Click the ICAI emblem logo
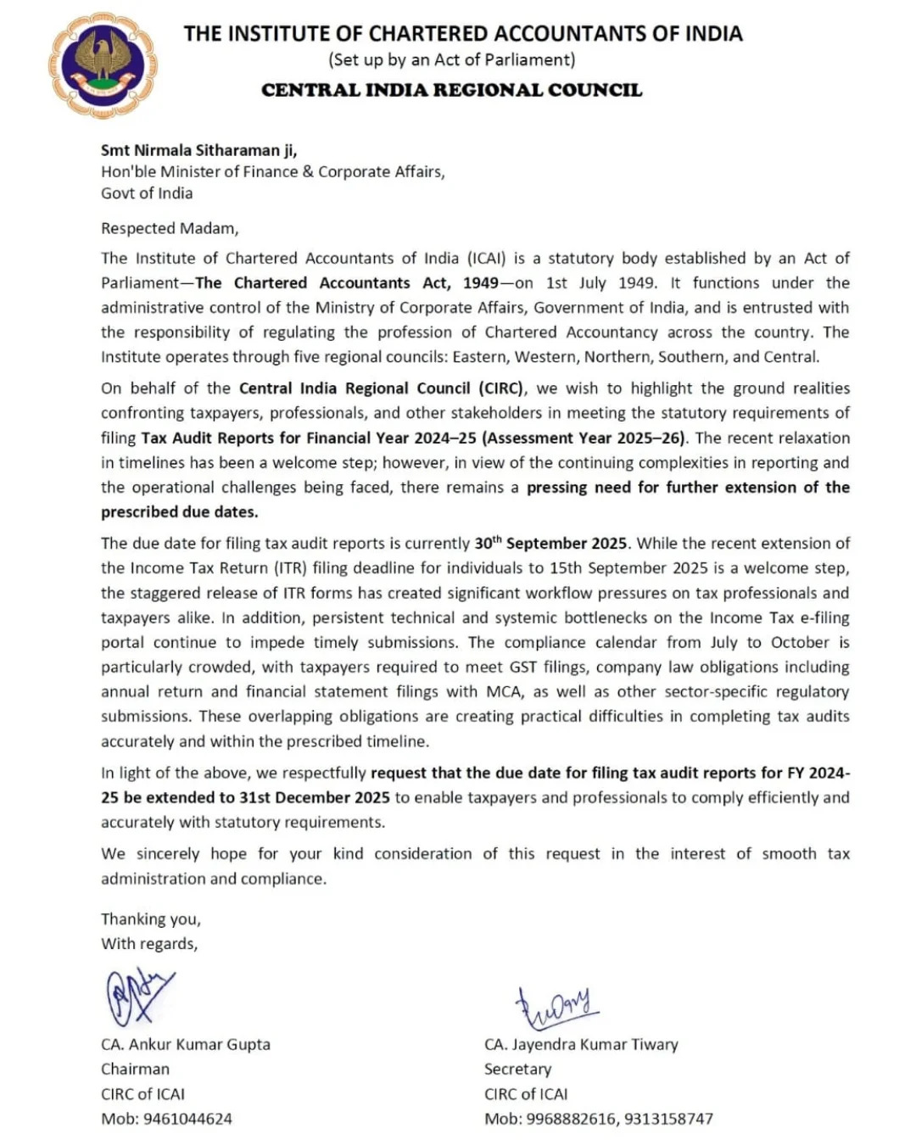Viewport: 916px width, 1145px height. tap(103, 65)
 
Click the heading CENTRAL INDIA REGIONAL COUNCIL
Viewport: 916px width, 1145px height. tap(451, 90)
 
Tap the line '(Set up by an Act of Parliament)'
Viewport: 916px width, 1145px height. tap(451, 59)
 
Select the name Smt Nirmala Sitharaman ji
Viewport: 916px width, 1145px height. tap(198, 150)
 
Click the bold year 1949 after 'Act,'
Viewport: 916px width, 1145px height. tap(481, 282)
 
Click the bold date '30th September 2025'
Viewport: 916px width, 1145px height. tap(550, 543)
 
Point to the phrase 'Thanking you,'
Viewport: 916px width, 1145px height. tap(151, 919)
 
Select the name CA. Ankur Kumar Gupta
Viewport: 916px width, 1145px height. tap(186, 1044)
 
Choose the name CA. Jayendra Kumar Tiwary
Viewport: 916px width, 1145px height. tap(581, 1044)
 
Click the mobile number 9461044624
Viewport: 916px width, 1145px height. tap(187, 1119)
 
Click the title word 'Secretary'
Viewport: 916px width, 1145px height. tap(517, 1069)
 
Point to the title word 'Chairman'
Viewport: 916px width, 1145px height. tap(135, 1069)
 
